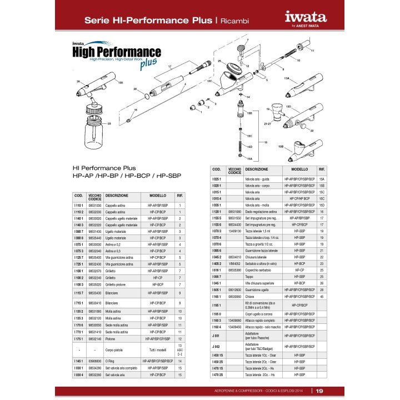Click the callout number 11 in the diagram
click(312, 51)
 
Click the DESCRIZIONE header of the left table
click(117, 196)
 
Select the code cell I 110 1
click(79, 206)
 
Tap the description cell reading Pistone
click(111, 338)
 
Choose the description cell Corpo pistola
click(114, 349)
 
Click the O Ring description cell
click(111, 361)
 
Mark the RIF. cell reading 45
click(322, 297)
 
